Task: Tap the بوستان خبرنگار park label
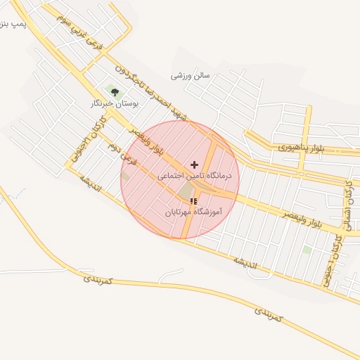[114, 103]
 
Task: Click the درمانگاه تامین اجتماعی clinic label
[195, 176]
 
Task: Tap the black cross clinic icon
[195, 164]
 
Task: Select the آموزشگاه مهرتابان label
[194, 211]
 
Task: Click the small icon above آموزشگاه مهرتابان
[194, 201]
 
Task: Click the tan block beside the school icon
[184, 191]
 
